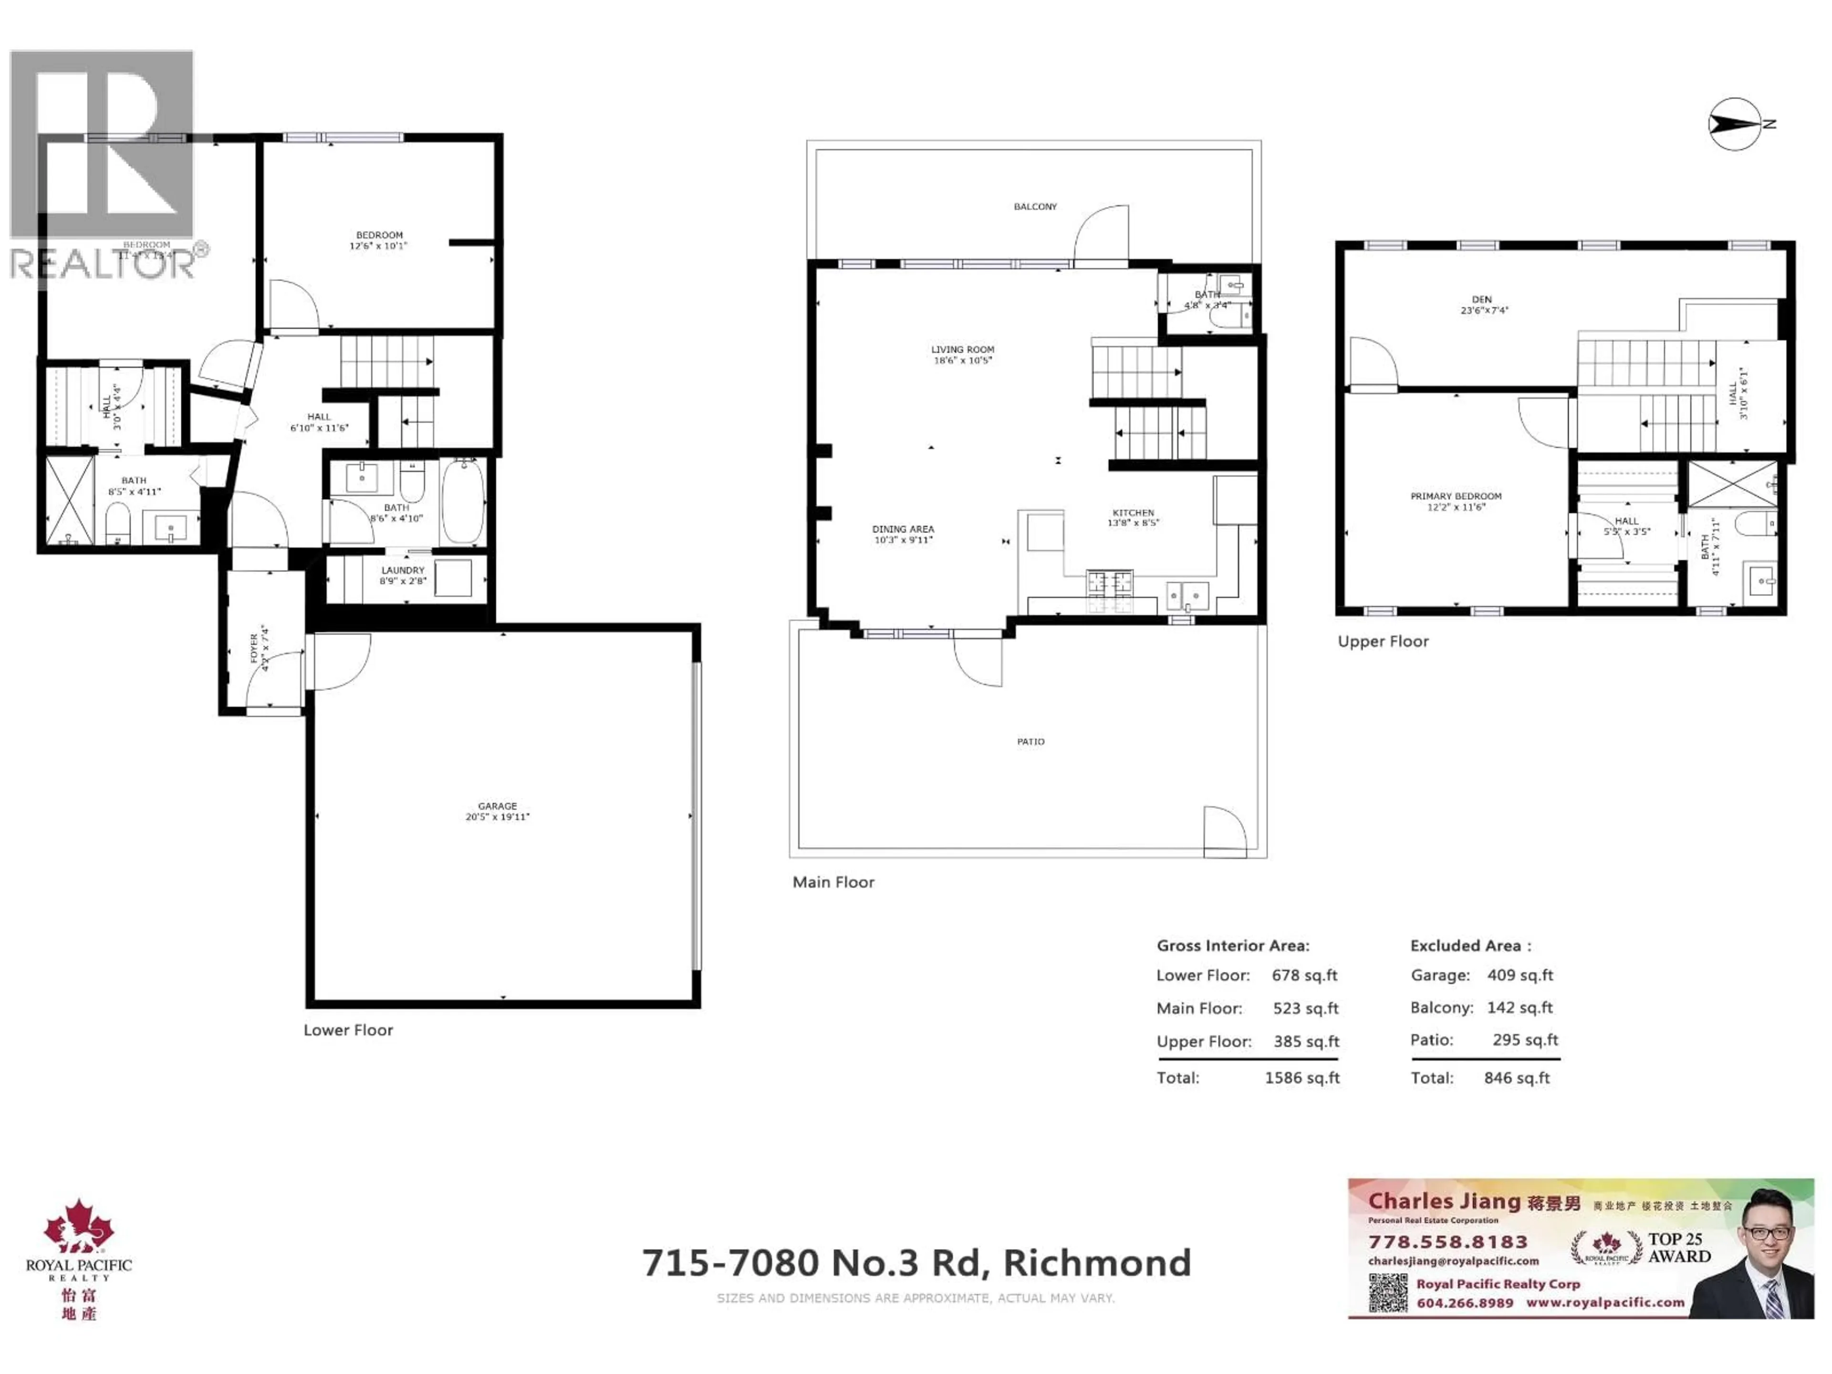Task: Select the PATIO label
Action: coord(1030,742)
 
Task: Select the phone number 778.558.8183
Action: coord(1448,1241)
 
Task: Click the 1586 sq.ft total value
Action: coord(1302,1078)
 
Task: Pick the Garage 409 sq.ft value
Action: coord(1520,975)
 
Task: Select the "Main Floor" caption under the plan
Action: coord(833,882)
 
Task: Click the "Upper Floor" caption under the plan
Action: coord(1383,641)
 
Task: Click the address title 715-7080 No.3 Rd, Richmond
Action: coord(916,1263)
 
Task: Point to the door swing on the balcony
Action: coord(1102,234)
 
